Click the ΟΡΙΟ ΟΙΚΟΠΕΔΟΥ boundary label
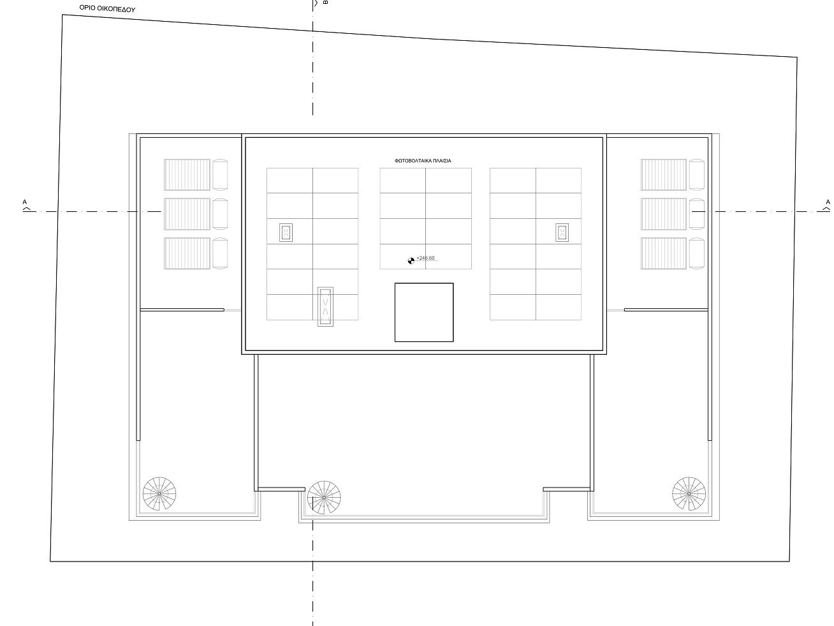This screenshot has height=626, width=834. pyautogui.click(x=107, y=8)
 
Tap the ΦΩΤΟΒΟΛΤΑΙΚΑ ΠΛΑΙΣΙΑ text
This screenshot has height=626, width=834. pyautogui.click(x=423, y=161)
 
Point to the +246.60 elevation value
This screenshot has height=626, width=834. pyautogui.click(x=425, y=258)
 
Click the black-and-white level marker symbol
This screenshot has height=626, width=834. pyautogui.click(x=411, y=261)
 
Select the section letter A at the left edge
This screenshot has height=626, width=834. pyautogui.click(x=25, y=202)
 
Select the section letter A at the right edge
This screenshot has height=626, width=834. pyautogui.click(x=828, y=202)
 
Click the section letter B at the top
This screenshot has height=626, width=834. pyautogui.click(x=325, y=3)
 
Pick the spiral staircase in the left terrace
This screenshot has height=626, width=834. pyautogui.click(x=159, y=493)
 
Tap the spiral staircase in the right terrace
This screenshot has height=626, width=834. pyautogui.click(x=689, y=493)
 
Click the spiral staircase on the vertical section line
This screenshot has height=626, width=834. pyautogui.click(x=324, y=497)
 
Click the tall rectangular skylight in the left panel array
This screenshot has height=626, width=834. pyautogui.click(x=325, y=306)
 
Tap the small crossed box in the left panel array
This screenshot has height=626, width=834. pyautogui.click(x=286, y=233)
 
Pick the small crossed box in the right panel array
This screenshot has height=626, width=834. pyautogui.click(x=562, y=233)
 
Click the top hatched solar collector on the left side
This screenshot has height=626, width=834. pyautogui.click(x=187, y=175)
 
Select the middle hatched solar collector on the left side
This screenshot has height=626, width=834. pyautogui.click(x=187, y=214)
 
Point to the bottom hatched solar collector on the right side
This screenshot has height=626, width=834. pyautogui.click(x=663, y=253)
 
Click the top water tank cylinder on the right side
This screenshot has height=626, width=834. pyautogui.click(x=696, y=175)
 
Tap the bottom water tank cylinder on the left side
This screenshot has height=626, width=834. pyautogui.click(x=220, y=253)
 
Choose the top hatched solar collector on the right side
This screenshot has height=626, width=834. pyautogui.click(x=663, y=175)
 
